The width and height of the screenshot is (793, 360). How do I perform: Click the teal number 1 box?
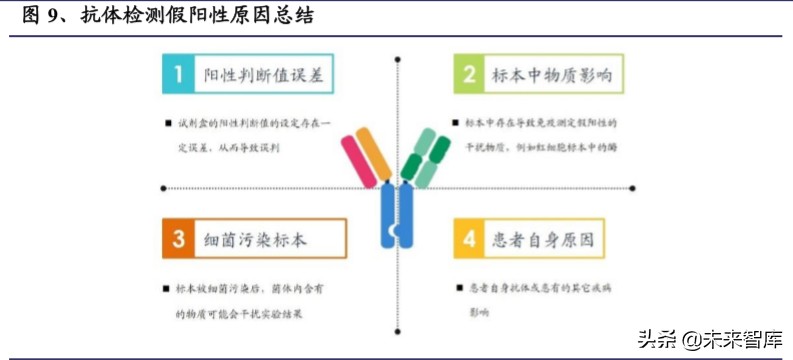point(178,75)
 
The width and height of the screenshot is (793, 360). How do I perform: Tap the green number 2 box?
point(468,75)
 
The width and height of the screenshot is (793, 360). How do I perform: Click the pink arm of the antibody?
point(358,161)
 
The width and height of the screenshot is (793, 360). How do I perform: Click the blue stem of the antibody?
point(397,215)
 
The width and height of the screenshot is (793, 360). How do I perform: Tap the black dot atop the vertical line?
point(398,60)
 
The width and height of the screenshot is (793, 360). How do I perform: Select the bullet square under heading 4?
point(459,286)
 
